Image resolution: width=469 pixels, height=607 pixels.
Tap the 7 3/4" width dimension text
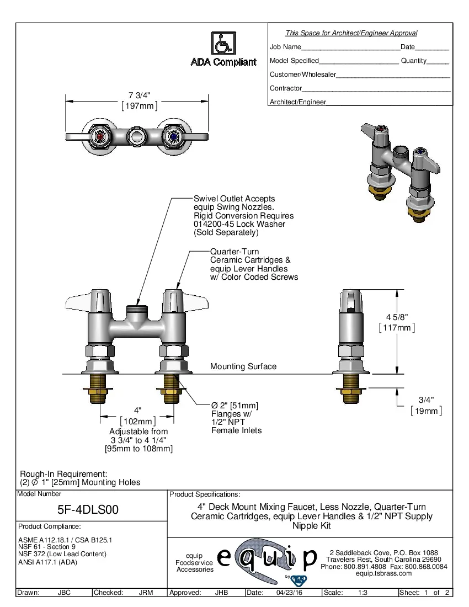point(140,95)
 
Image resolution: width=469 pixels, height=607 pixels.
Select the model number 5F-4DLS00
point(88,510)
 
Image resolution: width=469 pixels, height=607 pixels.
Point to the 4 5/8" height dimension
point(397,317)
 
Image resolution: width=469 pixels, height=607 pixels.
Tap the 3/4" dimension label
point(425,400)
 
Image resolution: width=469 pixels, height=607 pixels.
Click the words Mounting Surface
point(243,366)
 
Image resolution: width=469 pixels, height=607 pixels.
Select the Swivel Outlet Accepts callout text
point(234,199)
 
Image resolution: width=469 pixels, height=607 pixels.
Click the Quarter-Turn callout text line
point(234,252)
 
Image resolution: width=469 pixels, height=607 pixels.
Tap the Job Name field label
point(285,47)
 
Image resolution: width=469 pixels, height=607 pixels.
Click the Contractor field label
point(286,88)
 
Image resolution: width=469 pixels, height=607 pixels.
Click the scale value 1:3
point(363,593)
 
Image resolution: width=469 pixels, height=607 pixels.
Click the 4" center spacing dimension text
point(138,410)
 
